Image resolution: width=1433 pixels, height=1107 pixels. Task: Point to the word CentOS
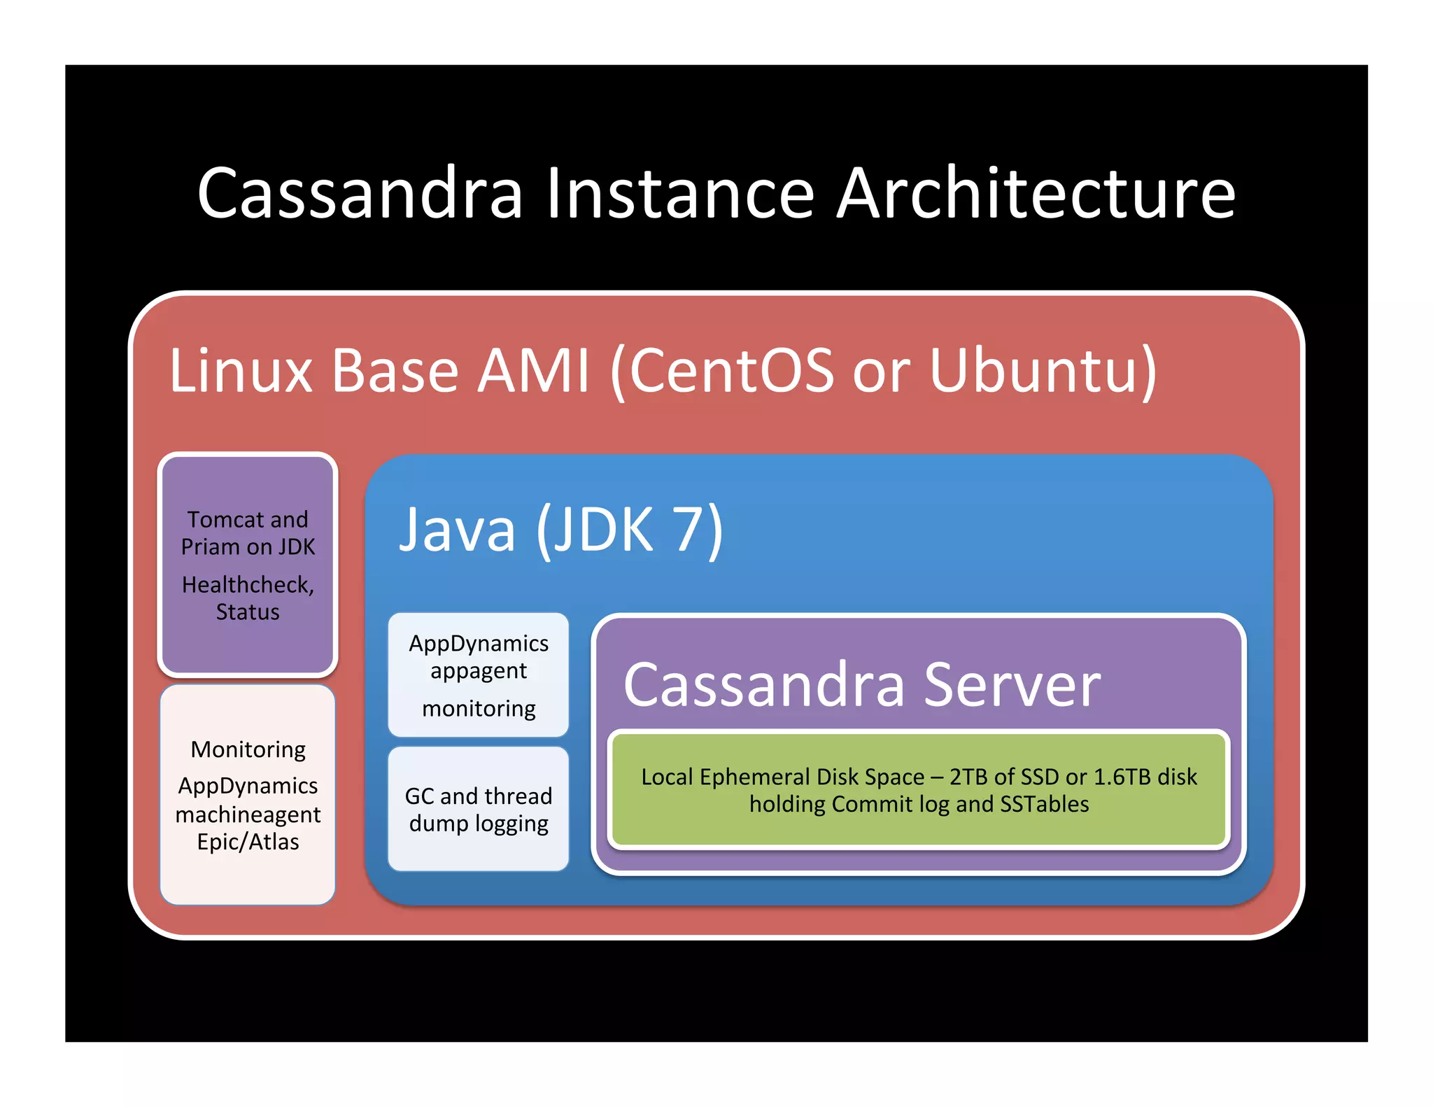tap(731, 370)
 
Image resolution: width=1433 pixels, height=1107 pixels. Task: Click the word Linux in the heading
tap(240, 370)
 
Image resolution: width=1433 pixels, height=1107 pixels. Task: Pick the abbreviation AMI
tap(533, 370)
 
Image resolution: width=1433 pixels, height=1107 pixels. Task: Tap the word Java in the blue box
tap(457, 530)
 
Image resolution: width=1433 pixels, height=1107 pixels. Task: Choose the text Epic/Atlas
tap(248, 842)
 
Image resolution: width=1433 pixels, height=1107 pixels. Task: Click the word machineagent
tap(248, 815)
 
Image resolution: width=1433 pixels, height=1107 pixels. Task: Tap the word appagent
tap(479, 671)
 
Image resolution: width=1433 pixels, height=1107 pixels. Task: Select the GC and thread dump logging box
tap(479, 810)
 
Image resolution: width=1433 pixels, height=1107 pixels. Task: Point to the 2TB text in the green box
tap(968, 777)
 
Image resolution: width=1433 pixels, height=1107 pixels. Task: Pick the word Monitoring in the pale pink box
tap(248, 750)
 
